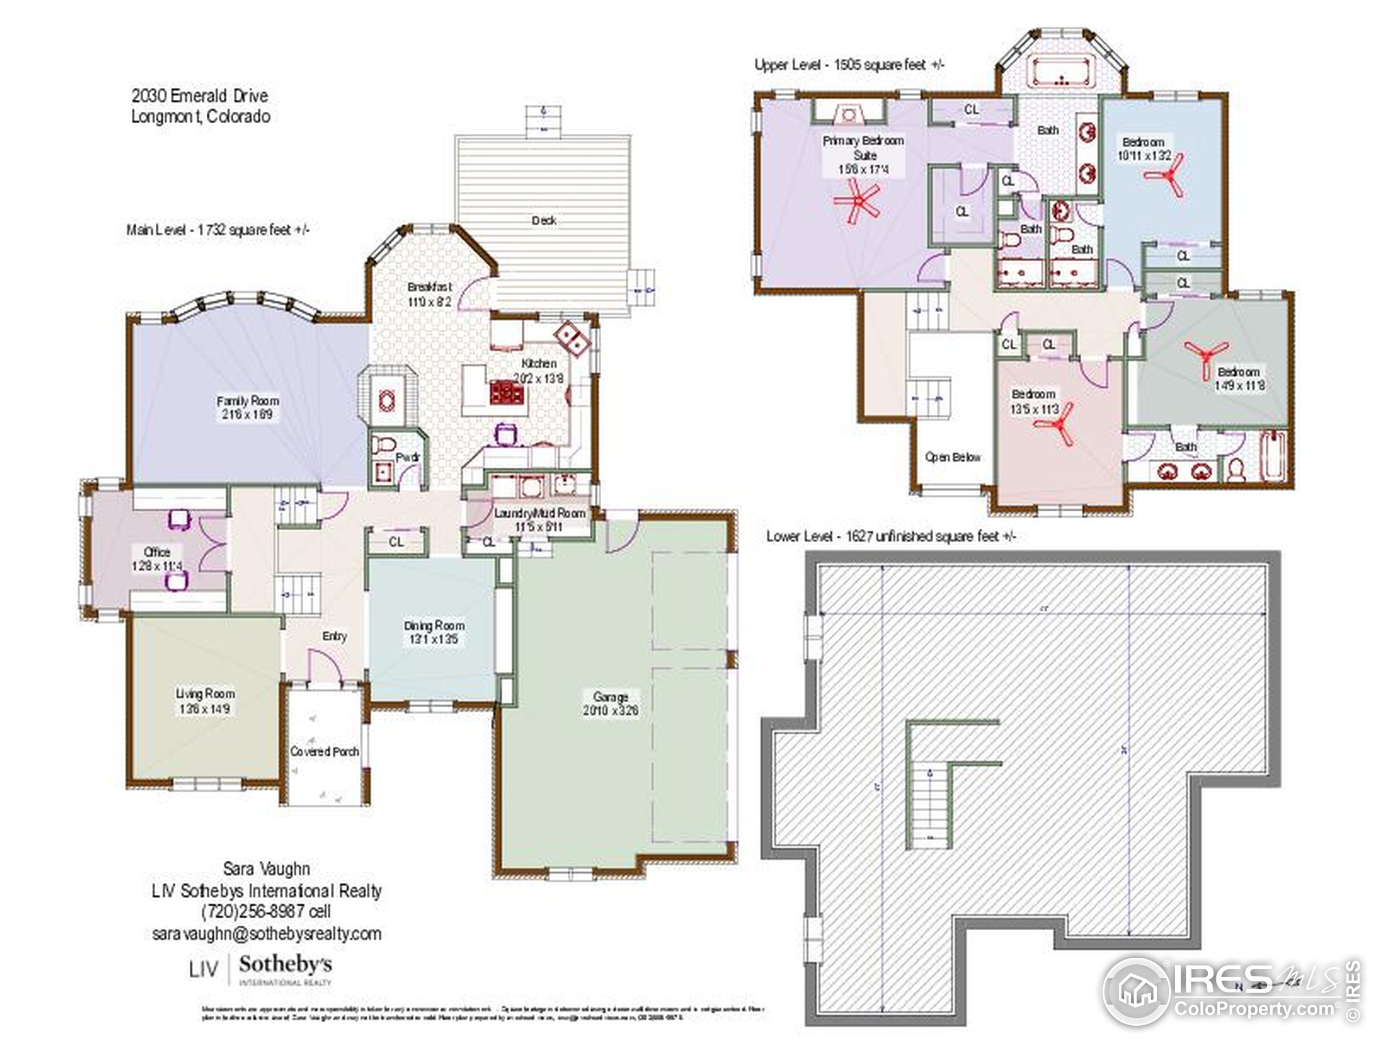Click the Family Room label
click(247, 401)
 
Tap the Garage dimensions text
click(610, 711)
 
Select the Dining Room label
click(435, 626)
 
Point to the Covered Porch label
click(324, 751)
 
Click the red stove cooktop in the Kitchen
click(507, 392)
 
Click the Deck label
click(544, 220)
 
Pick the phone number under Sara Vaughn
click(266, 911)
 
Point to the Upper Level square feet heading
click(850, 65)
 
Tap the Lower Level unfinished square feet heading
click(890, 536)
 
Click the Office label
click(157, 551)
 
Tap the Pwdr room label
click(407, 458)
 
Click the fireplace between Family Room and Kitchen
click(387, 399)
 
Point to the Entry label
click(334, 636)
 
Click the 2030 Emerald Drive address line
click(200, 96)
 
